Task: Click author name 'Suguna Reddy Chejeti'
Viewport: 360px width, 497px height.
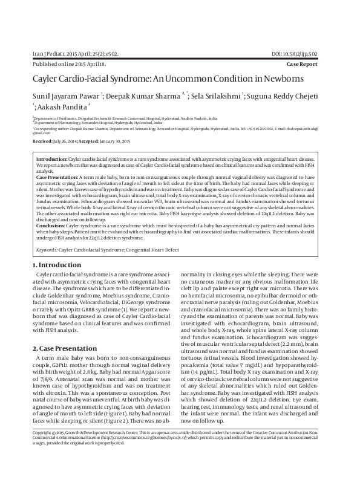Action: (x=288, y=96)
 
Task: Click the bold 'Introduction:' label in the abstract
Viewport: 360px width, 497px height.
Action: (x=51, y=158)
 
